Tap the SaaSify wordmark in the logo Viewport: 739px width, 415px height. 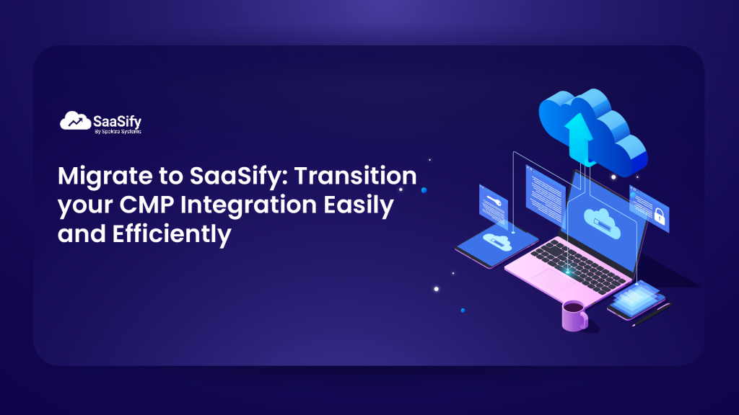116,119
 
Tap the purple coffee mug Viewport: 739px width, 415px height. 574,315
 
